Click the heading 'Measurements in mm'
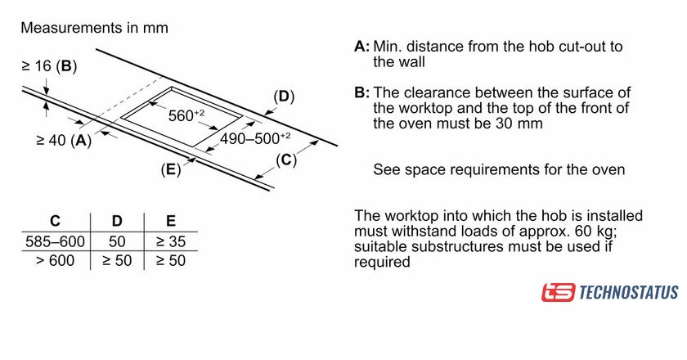tap(94, 28)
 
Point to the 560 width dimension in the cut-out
tap(186, 115)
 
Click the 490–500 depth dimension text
tap(255, 138)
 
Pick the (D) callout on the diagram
tap(282, 97)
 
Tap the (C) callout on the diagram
tap(284, 160)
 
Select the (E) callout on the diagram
tap(170, 170)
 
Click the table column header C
tap(54, 221)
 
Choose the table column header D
tap(116, 221)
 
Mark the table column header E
tap(170, 221)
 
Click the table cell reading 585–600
tap(54, 242)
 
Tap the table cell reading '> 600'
tap(56, 261)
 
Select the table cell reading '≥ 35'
tap(171, 242)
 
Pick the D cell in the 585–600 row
tap(116, 242)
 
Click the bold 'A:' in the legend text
tap(361, 46)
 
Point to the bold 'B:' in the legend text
tap(361, 93)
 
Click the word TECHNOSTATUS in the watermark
tap(628, 292)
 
